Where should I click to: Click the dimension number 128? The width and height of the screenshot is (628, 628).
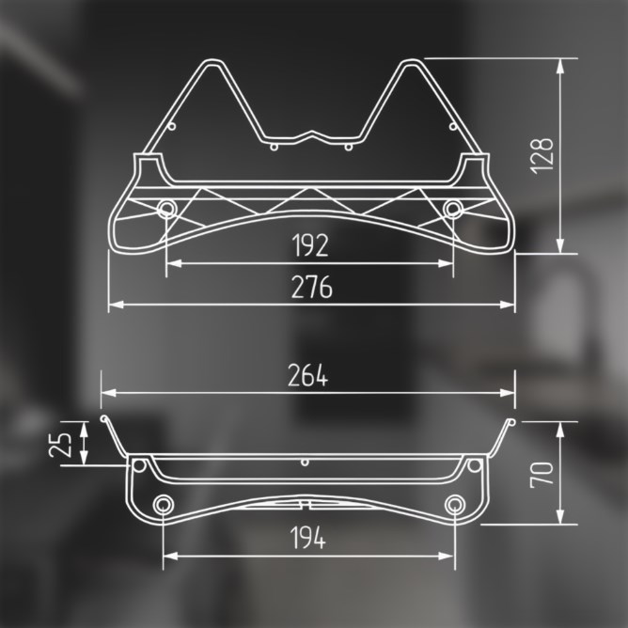coord(542,156)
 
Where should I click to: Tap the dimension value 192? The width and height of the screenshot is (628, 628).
coord(310,245)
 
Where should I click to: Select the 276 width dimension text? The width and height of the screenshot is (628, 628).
coord(311,287)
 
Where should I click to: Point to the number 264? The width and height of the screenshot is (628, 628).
coord(307,375)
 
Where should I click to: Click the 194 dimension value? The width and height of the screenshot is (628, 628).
coord(307,538)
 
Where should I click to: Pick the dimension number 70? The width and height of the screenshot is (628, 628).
coord(542,474)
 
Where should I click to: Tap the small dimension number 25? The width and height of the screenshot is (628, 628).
coord(60,445)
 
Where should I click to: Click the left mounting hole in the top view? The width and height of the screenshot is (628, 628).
coord(166,209)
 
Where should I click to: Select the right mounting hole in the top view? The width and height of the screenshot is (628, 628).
coord(453,209)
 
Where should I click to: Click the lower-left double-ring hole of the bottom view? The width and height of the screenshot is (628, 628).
coord(163,504)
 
